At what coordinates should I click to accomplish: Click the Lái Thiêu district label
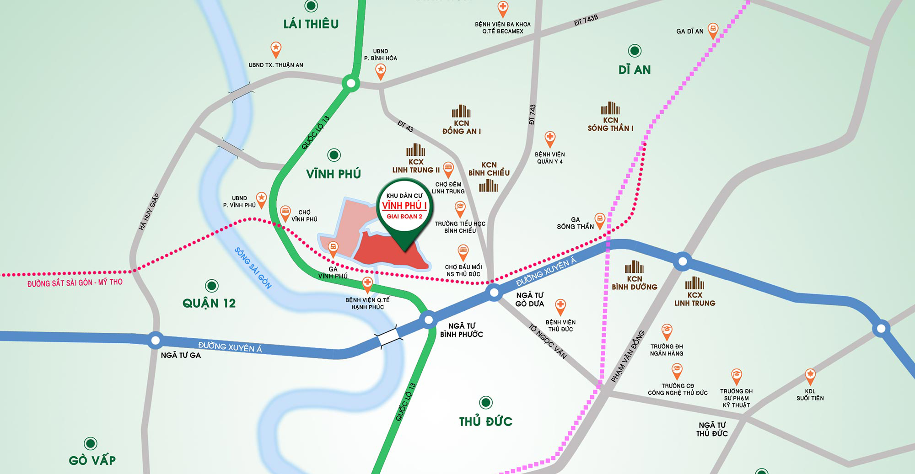pyautogui.click(x=311, y=24)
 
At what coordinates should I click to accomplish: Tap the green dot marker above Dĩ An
pyautogui.click(x=635, y=51)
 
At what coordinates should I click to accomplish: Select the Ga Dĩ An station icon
pyautogui.click(x=712, y=30)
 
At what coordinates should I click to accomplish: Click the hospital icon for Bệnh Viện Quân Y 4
pyautogui.click(x=550, y=138)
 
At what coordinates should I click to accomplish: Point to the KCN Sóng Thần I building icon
pyautogui.click(x=610, y=109)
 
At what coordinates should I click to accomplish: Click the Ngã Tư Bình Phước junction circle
pyautogui.click(x=429, y=320)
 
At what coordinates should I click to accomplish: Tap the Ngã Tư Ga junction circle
pyautogui.click(x=156, y=340)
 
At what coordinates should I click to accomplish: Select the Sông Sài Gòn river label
pyautogui.click(x=253, y=268)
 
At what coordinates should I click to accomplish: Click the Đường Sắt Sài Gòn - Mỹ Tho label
pyautogui.click(x=75, y=283)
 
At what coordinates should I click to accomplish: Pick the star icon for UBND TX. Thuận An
pyautogui.click(x=276, y=48)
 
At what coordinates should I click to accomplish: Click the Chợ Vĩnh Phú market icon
pyautogui.click(x=285, y=213)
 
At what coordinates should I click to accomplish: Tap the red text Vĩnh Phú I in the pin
pyautogui.click(x=404, y=206)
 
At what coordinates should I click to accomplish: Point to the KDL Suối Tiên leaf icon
pyautogui.click(x=810, y=376)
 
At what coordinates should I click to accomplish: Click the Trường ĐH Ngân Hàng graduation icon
pyautogui.click(x=667, y=330)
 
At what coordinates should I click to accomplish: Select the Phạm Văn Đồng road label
pyautogui.click(x=628, y=356)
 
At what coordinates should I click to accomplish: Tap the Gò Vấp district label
pyautogui.click(x=92, y=460)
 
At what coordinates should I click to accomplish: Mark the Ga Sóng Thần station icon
pyautogui.click(x=599, y=220)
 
